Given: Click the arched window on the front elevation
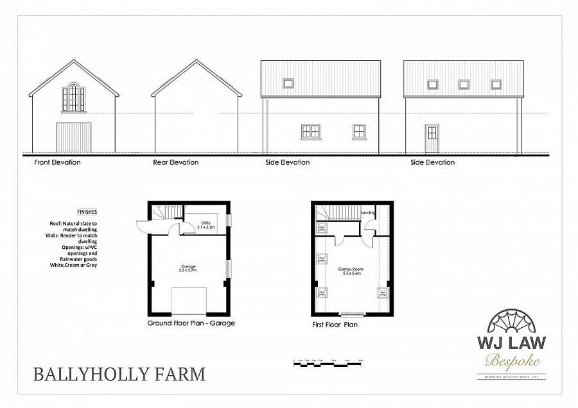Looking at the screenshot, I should [x=73, y=97].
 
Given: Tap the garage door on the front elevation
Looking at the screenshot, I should [x=73, y=137].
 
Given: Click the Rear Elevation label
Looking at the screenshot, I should [x=175, y=162].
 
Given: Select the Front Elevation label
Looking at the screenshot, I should [x=57, y=162].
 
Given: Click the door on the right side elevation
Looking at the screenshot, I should [x=432, y=138].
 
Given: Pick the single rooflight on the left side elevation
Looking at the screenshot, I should [x=288, y=83].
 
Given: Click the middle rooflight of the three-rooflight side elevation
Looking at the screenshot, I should [x=464, y=84].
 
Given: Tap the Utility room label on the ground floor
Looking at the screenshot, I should [x=206, y=225].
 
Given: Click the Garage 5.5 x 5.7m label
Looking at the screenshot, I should [x=188, y=268].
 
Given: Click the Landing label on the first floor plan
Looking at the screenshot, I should [x=368, y=212].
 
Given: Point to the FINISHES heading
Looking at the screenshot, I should [x=87, y=211].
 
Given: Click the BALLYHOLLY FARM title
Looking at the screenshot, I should [x=119, y=373].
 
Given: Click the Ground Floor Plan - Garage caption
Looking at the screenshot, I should [x=191, y=323].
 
